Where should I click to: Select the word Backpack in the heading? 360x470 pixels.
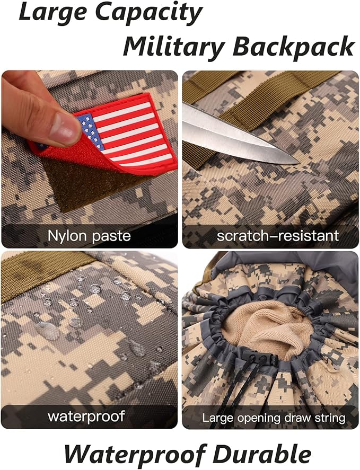[x=294, y=47]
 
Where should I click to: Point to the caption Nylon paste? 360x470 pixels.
[x=89, y=236]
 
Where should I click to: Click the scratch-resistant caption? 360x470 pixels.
[x=278, y=236]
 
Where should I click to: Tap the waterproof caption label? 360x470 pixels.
[x=86, y=416]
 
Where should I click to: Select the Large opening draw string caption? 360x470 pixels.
[x=274, y=418]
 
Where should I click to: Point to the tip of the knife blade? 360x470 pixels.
[x=298, y=163]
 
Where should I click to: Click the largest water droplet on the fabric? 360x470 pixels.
[x=47, y=330]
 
